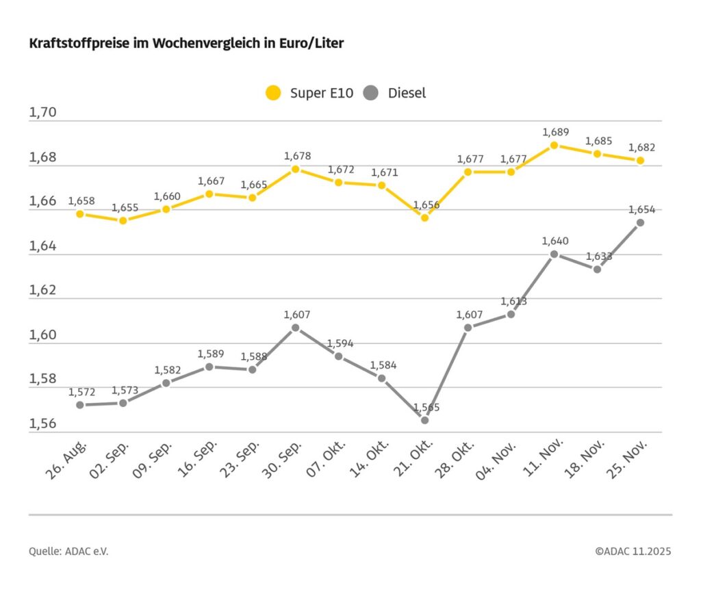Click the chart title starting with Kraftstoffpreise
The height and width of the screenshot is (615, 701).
186,44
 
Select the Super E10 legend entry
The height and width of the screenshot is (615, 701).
310,93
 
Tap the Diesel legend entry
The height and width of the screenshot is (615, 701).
396,93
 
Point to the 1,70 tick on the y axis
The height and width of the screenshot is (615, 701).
42,113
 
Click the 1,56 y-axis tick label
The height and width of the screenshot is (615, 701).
42,424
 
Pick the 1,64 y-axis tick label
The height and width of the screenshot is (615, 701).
42,246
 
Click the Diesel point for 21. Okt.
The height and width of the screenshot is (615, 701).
424,420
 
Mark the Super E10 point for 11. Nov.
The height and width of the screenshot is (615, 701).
554,145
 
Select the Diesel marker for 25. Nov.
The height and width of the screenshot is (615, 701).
640,222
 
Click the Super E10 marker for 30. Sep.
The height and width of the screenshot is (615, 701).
295,169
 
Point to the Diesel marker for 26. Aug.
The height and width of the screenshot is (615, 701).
80,405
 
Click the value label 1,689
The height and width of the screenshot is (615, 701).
555,132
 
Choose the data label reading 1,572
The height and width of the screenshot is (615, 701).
81,392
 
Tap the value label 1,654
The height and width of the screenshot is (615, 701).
641,209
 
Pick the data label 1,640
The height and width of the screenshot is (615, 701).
555,241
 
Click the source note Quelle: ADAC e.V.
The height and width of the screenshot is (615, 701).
68,551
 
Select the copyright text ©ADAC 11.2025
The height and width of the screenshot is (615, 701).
633,551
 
